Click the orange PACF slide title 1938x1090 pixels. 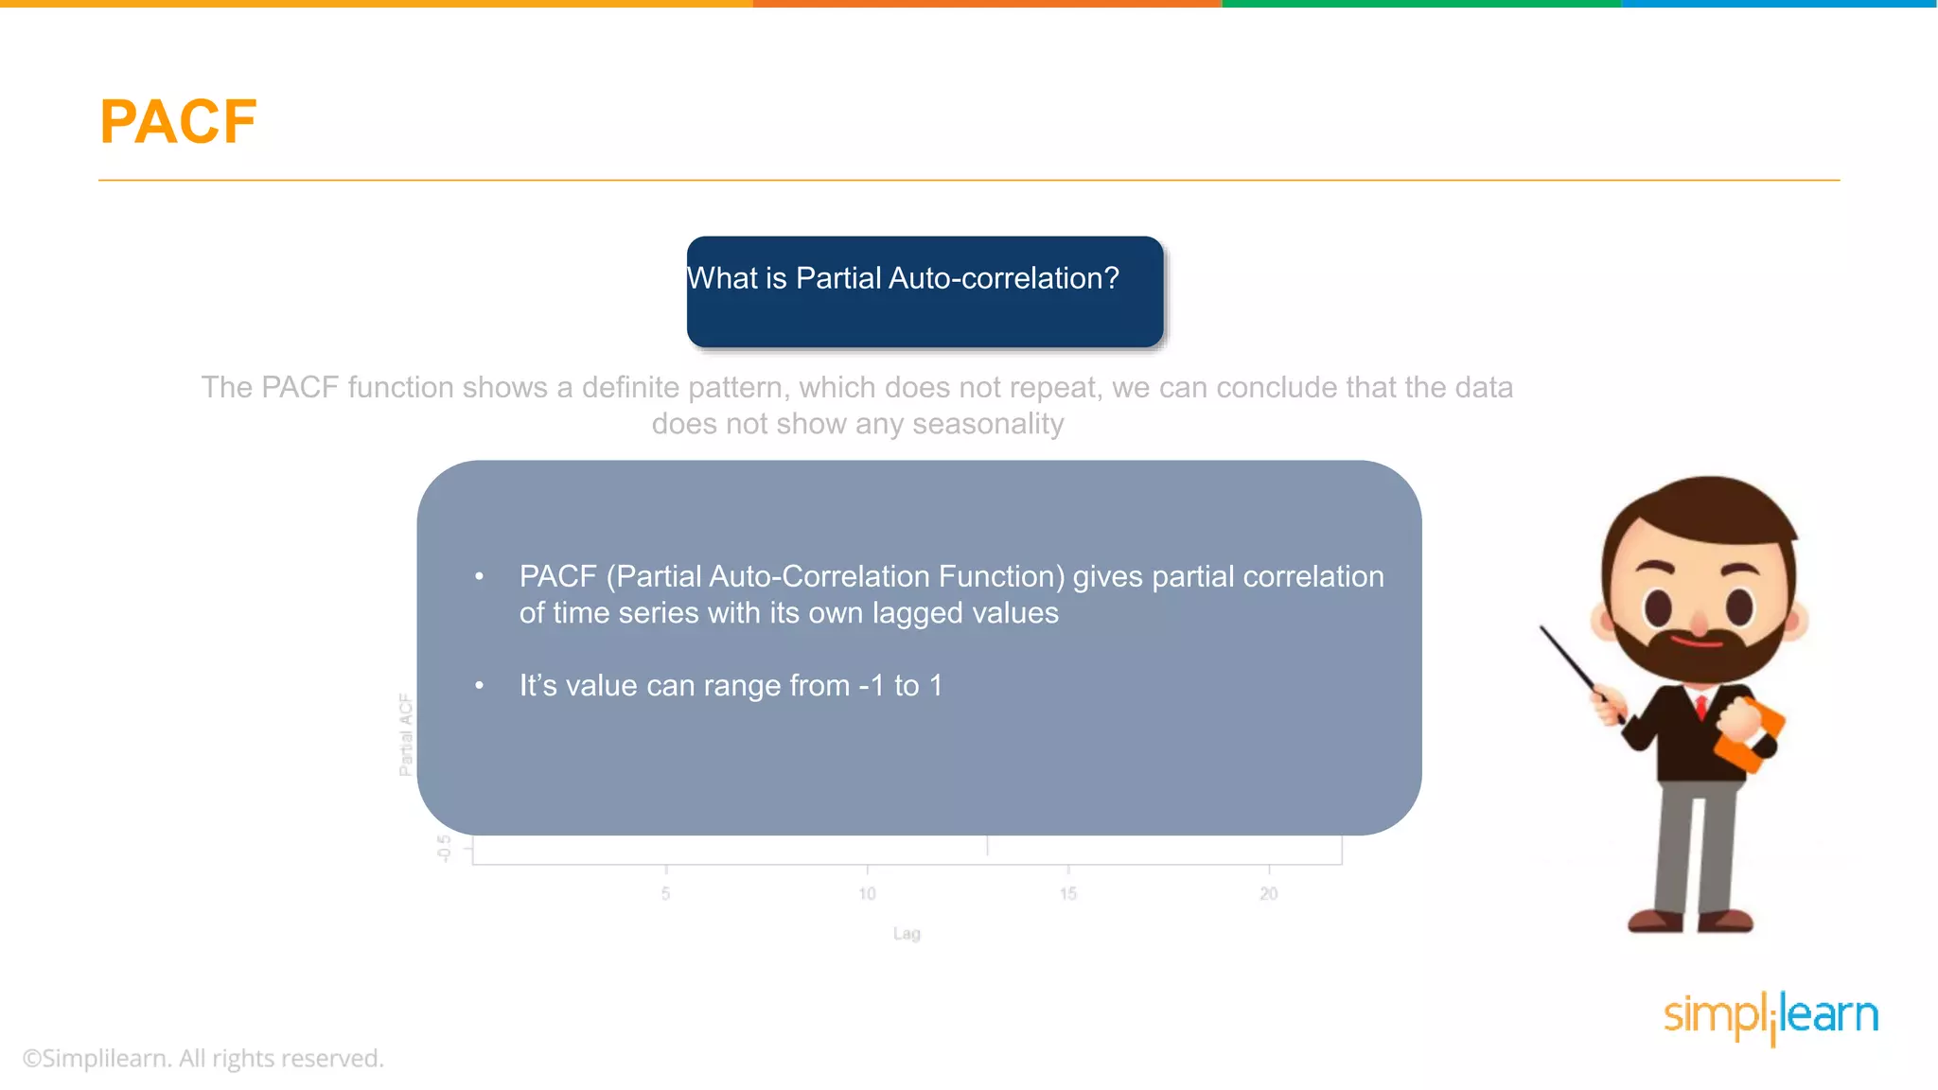pyautogui.click(x=178, y=122)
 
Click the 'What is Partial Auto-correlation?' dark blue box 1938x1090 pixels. pyautogui.click(x=925, y=291)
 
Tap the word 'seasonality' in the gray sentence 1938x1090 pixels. pyautogui.click(x=988, y=424)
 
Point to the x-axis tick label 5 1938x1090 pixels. pyautogui.click(x=666, y=893)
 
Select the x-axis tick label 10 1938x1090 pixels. pyautogui.click(x=867, y=893)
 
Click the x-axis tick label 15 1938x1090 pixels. pyautogui.click(x=1068, y=893)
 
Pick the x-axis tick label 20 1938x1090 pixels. pyautogui.click(x=1269, y=893)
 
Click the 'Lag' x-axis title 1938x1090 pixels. pyautogui.click(x=907, y=934)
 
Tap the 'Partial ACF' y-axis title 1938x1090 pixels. pyautogui.click(x=406, y=735)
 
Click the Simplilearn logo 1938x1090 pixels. pyautogui.click(x=1771, y=1017)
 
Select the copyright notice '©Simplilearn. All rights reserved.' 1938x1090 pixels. pyautogui.click(x=203, y=1058)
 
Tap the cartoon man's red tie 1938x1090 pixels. pyautogui.click(x=1700, y=706)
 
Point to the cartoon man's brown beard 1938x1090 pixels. pyautogui.click(x=1699, y=653)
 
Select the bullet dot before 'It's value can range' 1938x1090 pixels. pyautogui.click(x=480, y=685)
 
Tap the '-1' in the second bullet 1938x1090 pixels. pyautogui.click(x=871, y=685)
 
